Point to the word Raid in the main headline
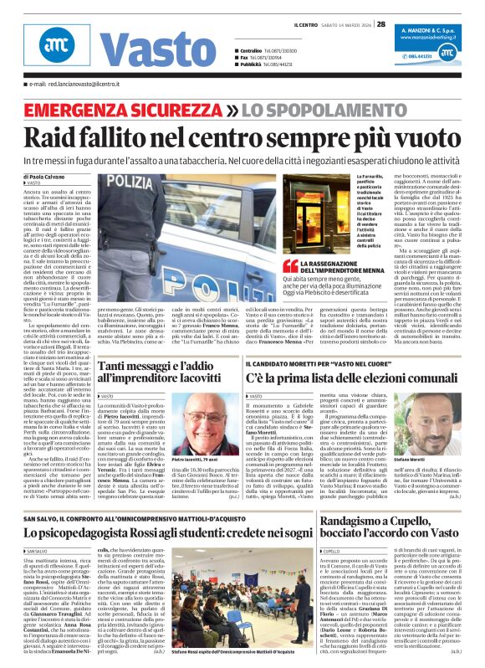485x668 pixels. (x=50, y=136)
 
